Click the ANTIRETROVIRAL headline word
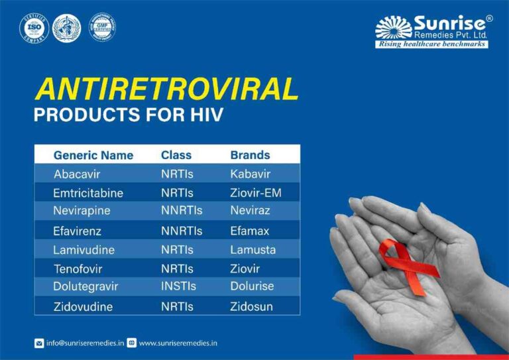coord(166,89)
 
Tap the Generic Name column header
coord(93,155)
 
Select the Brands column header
coord(250,155)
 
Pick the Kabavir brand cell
coord(251,174)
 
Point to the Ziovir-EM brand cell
coord(256,193)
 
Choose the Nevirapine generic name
coord(82,211)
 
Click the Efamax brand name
coord(250,231)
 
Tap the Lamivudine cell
coord(84,250)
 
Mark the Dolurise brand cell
coord(252,286)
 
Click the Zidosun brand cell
coord(251,307)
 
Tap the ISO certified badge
coord(34,27)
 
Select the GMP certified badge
coord(102,27)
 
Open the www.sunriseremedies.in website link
coord(178,343)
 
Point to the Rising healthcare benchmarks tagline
coord(431,44)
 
